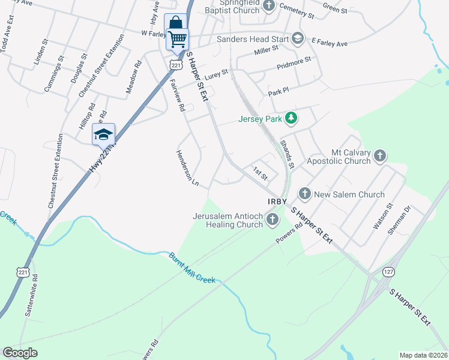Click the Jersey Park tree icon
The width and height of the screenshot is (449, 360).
click(x=291, y=118)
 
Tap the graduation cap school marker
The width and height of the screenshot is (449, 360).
click(x=103, y=134)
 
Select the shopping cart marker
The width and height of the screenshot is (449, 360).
click(x=177, y=39)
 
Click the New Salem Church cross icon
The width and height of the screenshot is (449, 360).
click(x=305, y=193)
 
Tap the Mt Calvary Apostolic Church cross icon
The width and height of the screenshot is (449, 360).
click(x=379, y=156)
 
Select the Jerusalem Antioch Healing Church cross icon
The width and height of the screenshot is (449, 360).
click(x=273, y=220)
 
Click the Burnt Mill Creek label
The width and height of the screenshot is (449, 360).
click(x=191, y=267)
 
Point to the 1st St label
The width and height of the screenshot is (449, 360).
click(x=259, y=172)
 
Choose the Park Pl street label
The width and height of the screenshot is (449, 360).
click(x=279, y=91)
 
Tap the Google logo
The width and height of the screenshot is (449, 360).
click(x=20, y=353)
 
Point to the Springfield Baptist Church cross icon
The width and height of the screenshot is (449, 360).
click(x=269, y=5)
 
